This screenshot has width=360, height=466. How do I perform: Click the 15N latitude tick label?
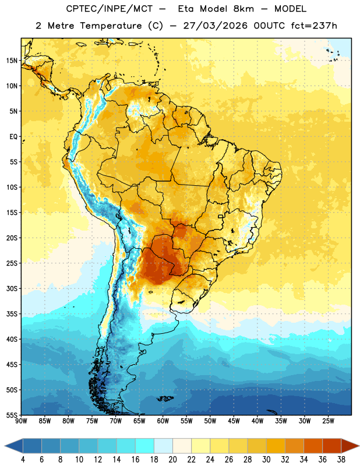[12, 61]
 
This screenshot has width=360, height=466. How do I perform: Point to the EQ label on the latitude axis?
[13, 137]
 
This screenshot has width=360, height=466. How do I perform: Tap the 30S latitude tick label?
[12, 288]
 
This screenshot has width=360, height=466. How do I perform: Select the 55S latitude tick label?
[12, 415]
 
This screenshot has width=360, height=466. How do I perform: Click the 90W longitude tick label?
[21, 421]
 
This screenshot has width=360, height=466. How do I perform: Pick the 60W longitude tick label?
[163, 421]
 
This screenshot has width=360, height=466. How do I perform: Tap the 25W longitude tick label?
[328, 421]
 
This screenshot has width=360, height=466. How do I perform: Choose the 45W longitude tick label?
[234, 421]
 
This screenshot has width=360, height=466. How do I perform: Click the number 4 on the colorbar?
[23, 460]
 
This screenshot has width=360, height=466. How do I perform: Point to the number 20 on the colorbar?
[172, 460]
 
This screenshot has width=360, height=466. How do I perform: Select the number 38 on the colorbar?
[341, 460]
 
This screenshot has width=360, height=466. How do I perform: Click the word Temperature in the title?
[111, 26]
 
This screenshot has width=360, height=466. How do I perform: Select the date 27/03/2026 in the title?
[215, 26]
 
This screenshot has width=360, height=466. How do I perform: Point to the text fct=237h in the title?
[314, 26]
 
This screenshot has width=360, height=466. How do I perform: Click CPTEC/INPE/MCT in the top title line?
[109, 9]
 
